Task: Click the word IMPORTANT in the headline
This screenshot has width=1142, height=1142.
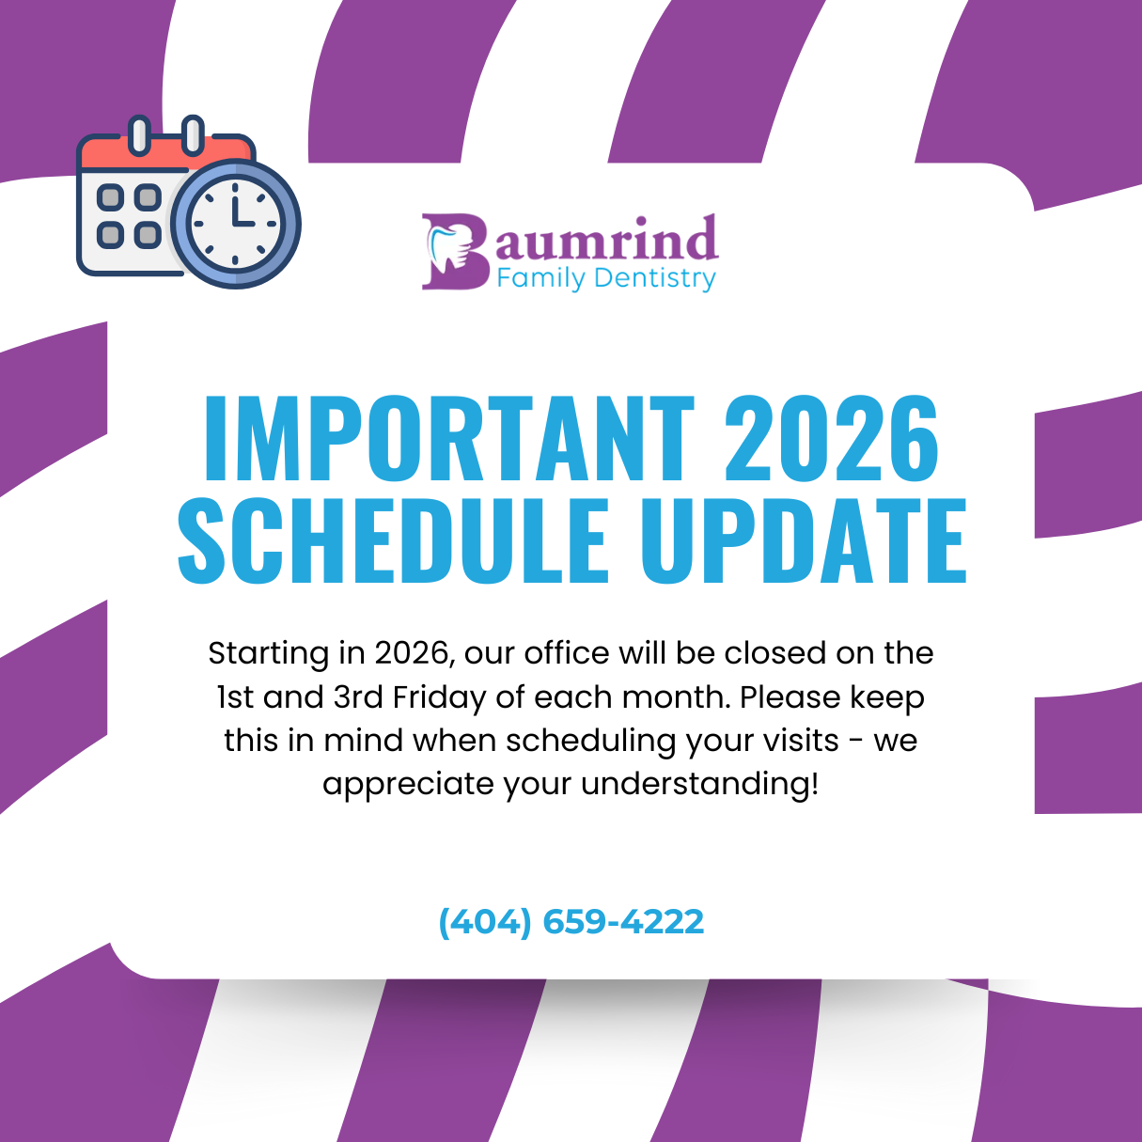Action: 448,438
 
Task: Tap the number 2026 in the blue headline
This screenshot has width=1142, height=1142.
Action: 832,438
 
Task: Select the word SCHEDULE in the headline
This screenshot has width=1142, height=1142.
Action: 393,540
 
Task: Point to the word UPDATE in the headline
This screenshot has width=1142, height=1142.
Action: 804,540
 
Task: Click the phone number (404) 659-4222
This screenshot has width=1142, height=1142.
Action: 571,921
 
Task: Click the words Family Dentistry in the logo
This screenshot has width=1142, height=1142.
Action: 606,278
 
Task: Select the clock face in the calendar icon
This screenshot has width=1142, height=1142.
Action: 235,224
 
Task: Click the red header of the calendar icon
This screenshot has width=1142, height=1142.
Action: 166,152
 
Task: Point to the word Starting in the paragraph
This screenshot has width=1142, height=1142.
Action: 269,654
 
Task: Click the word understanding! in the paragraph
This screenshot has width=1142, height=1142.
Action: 700,785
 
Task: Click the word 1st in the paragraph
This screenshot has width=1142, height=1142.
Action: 235,697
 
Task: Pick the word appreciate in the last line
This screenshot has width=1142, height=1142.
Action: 408,785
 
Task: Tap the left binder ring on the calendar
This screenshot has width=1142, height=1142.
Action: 139,135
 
